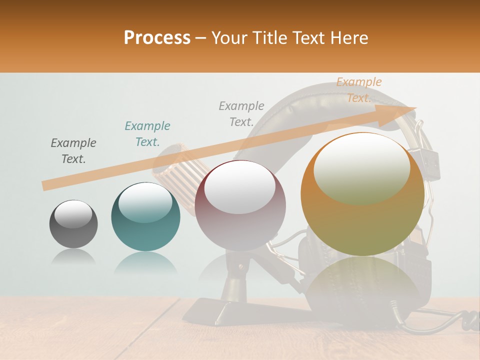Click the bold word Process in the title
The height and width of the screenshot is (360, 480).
click(x=157, y=38)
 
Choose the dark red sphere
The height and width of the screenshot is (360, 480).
click(x=240, y=205)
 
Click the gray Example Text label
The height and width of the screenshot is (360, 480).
click(x=73, y=151)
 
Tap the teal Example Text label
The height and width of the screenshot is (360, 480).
click(x=147, y=134)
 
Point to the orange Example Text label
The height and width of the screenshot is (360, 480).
click(x=358, y=90)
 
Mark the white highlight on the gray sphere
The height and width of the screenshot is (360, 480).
click(x=73, y=214)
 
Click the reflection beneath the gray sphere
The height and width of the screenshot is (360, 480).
click(x=73, y=257)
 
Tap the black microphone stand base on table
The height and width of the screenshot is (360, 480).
click(x=210, y=310)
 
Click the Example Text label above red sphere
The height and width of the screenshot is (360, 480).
click(x=241, y=114)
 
